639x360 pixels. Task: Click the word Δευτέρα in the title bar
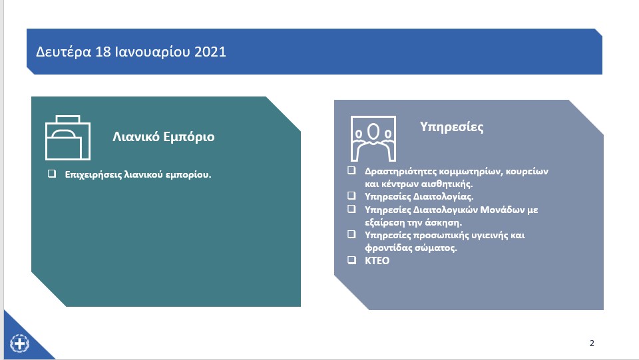pos(64,52)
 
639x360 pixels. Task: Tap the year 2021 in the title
pos(210,52)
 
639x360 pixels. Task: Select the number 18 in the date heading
pos(103,52)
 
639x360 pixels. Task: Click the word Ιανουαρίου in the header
pos(152,53)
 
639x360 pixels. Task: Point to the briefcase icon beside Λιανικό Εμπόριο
pos(68,138)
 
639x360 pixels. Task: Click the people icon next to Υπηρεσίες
pos(373,139)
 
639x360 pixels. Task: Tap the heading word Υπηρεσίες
pos(451,127)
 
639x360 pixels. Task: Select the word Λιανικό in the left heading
pos(136,136)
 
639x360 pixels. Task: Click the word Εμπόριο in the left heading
pos(188,137)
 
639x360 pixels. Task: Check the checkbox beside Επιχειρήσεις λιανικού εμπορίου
pos(52,174)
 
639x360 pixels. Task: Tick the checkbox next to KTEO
pos(351,260)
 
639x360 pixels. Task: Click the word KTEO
pos(377,261)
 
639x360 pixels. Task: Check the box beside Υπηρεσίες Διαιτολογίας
pos(351,196)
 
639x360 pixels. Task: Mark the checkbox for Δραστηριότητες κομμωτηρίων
pos(351,170)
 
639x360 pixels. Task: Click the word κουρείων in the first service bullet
pos(527,172)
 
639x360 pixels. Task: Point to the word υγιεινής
pos(489,236)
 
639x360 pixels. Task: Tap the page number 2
pos(592,343)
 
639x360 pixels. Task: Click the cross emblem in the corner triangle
pos(19,343)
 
